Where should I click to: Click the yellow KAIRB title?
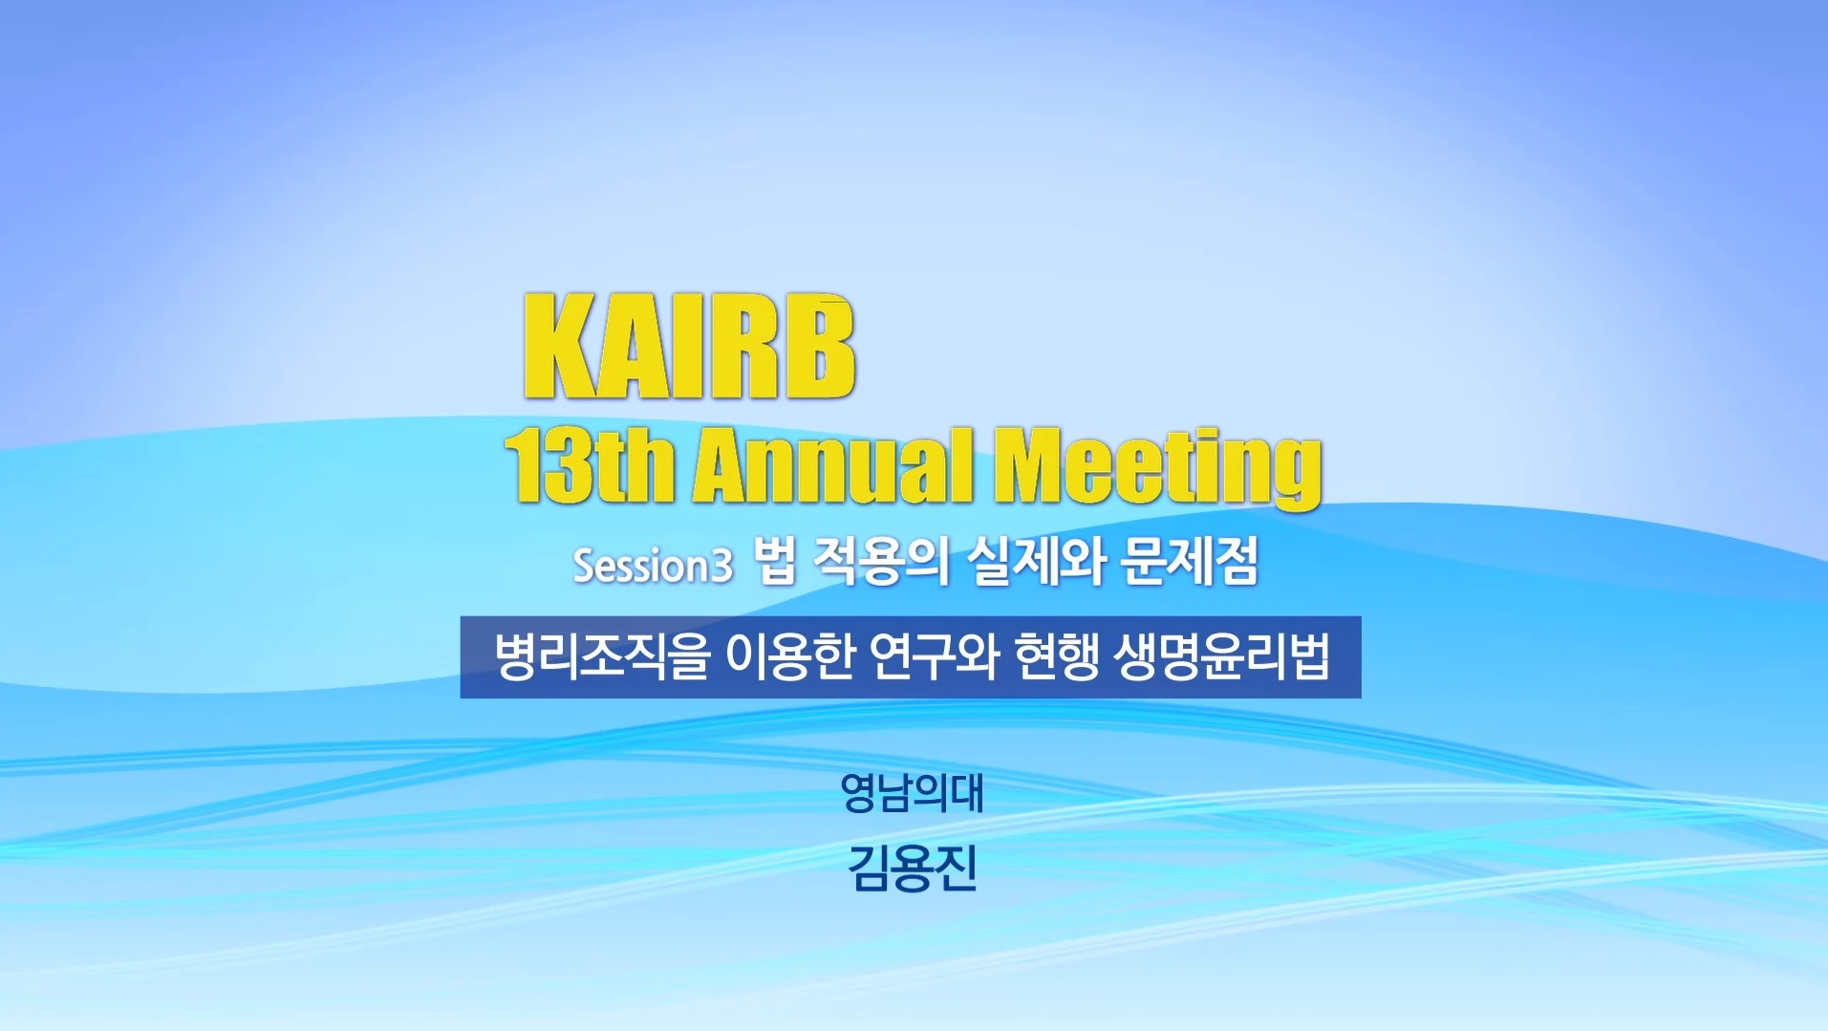pos(689,346)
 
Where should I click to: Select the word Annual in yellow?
pos(833,465)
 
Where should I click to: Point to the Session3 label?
pos(653,565)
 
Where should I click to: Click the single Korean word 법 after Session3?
pos(775,561)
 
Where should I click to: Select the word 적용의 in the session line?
pos(879,561)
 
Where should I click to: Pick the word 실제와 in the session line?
pos(1035,561)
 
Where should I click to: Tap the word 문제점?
pos(1190,561)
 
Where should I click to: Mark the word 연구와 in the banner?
pos(934,657)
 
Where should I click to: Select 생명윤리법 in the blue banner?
pos(1221,657)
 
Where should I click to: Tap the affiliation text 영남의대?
pos(912,793)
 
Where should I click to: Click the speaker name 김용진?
pos(913,869)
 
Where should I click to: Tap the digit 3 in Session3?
pos(722,566)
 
